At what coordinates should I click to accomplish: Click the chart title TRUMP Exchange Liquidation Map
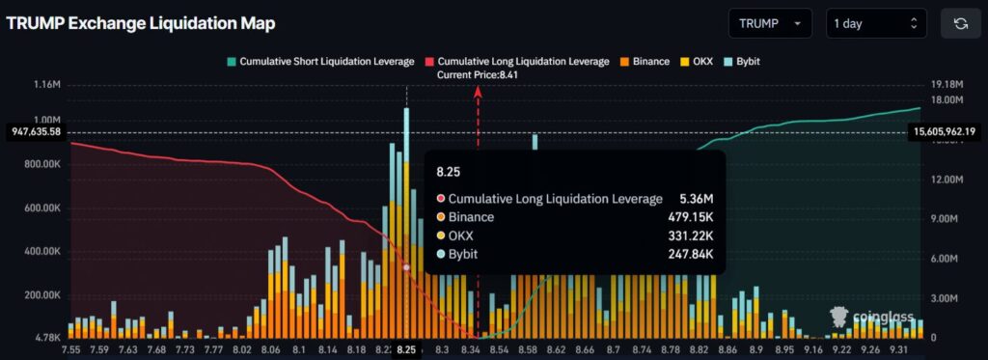pos(140,23)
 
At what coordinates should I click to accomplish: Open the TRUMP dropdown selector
pos(769,23)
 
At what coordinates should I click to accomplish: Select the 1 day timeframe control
pos(875,23)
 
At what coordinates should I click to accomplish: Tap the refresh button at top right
pos(960,23)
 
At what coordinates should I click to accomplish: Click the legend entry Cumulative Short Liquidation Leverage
pos(320,62)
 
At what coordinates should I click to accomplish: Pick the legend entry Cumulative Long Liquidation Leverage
pos(517,62)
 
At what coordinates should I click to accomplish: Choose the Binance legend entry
pos(644,62)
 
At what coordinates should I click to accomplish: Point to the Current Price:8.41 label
pos(478,74)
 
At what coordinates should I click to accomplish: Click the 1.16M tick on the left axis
pos(45,86)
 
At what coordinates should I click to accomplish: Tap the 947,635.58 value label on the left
pos(34,132)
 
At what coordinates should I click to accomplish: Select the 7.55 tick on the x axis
pos(71,348)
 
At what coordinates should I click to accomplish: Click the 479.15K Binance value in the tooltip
pos(687,217)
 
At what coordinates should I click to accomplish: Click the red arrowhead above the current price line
pos(479,90)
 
